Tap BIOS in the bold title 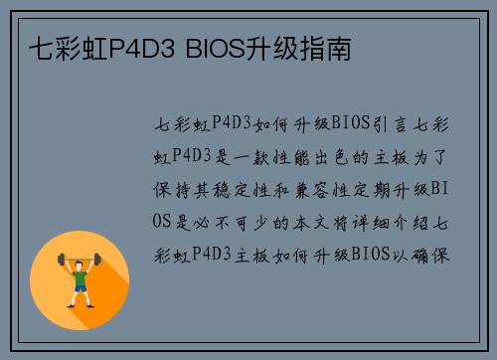[x=215, y=47]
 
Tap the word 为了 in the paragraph [x=440, y=156]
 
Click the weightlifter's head [x=81, y=266]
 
